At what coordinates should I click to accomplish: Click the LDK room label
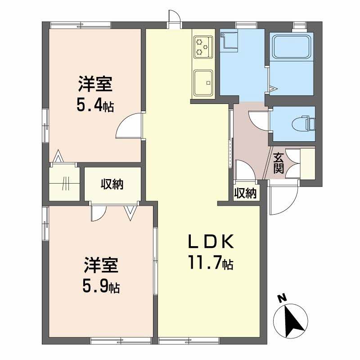pyautogui.click(x=211, y=242)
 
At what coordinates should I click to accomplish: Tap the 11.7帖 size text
pyautogui.click(x=211, y=263)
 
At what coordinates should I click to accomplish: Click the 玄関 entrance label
pyautogui.click(x=279, y=163)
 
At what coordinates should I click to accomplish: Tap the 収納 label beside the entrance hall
pyautogui.click(x=245, y=193)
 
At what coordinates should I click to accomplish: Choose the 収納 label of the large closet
pyautogui.click(x=112, y=184)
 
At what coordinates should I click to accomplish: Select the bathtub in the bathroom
pyautogui.click(x=292, y=47)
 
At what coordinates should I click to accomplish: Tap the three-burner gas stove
pyautogui.click(x=203, y=47)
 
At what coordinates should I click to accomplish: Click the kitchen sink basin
pyautogui.click(x=203, y=83)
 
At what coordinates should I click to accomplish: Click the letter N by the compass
pyautogui.click(x=283, y=298)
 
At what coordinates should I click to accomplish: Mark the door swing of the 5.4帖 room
pyautogui.click(x=129, y=125)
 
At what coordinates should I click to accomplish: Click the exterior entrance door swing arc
pyautogui.click(x=284, y=198)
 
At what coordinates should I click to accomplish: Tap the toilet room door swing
pyautogui.click(x=258, y=121)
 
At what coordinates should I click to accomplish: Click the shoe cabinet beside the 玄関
pyautogui.click(x=308, y=163)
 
